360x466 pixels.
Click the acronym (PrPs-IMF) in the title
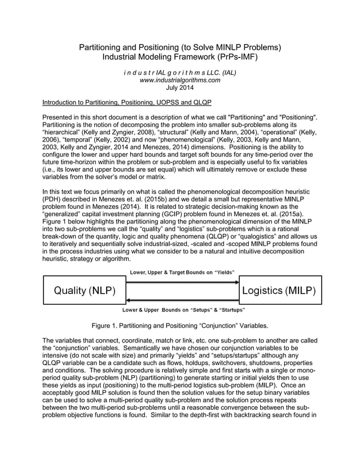[238, 57]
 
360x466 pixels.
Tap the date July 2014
[179, 88]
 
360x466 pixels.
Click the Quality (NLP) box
[84, 291]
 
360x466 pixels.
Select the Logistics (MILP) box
[280, 291]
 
